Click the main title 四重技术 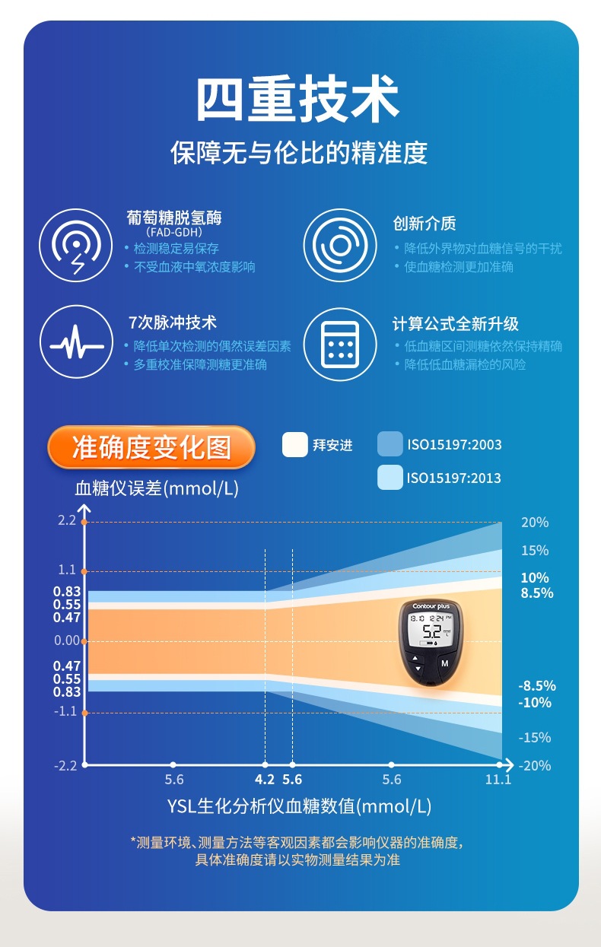pyautogui.click(x=299, y=98)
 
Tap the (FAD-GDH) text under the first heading pyautogui.click(x=173, y=232)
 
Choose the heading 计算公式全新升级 pyautogui.click(x=455, y=324)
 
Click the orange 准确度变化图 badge pyautogui.click(x=151, y=447)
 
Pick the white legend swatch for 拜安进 pyautogui.click(x=294, y=445)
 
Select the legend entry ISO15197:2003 pyautogui.click(x=454, y=445)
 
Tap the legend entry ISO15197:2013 pyautogui.click(x=454, y=478)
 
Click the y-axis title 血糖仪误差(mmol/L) pyautogui.click(x=157, y=488)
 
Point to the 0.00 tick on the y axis pyautogui.click(x=67, y=640)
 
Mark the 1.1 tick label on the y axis pyautogui.click(x=67, y=570)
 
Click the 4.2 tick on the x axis pyautogui.click(x=265, y=779)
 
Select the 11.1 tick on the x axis pyautogui.click(x=498, y=779)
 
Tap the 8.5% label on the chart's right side pyautogui.click(x=536, y=593)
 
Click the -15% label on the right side pyautogui.click(x=535, y=737)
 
